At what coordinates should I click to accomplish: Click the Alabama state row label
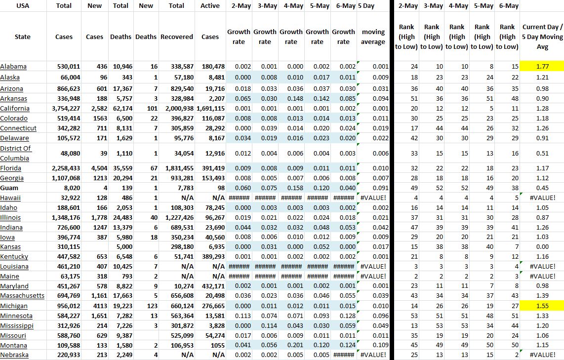pyautogui.click(x=13, y=67)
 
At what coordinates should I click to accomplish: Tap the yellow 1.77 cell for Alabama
pyautogui.click(x=542, y=67)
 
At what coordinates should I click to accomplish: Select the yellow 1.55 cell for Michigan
pyautogui.click(x=542, y=306)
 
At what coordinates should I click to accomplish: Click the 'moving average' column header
pyautogui.click(x=373, y=37)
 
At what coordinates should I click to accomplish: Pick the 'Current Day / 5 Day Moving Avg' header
pyautogui.click(x=542, y=37)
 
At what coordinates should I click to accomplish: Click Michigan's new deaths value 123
pyautogui.click(x=152, y=306)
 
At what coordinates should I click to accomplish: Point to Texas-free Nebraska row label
pyautogui.click(x=14, y=355)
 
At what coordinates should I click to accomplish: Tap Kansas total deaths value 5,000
pyautogui.click(x=124, y=247)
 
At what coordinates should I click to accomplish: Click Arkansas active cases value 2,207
pyautogui.click(x=215, y=99)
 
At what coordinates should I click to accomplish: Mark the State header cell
pyautogui.click(x=22, y=37)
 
